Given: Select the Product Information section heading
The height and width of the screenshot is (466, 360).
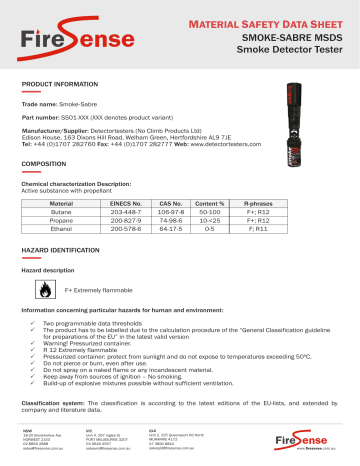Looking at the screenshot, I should tap(61, 87).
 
